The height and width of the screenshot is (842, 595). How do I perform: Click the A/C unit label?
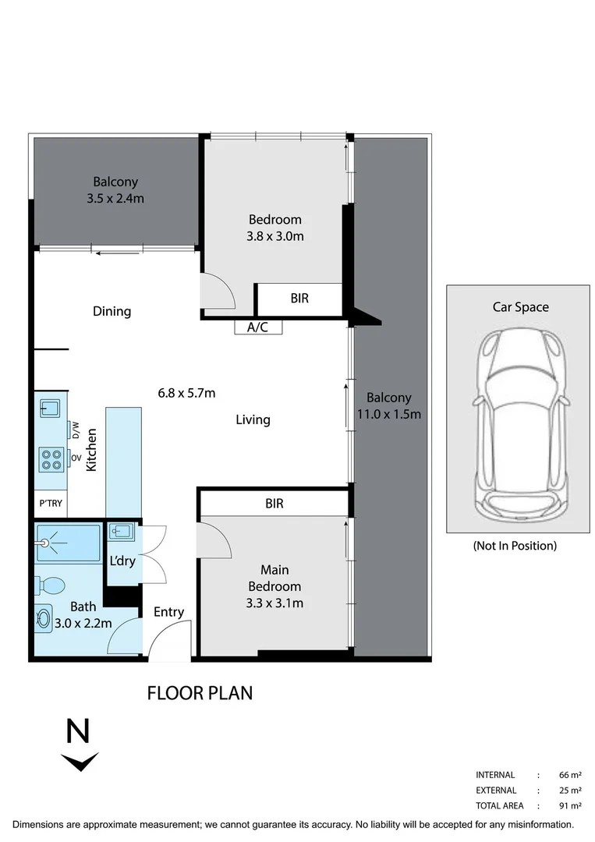click(257, 327)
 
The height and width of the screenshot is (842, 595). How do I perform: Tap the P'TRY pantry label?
click(50, 504)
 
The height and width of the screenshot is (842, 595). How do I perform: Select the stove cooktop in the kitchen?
click(51, 458)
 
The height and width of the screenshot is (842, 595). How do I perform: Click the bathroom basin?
click(43, 620)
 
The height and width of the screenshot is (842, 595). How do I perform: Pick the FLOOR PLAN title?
click(200, 692)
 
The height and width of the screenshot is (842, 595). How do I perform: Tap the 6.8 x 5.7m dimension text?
click(186, 393)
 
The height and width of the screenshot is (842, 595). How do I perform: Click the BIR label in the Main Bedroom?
click(274, 504)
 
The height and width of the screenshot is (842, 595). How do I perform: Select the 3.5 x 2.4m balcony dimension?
click(115, 199)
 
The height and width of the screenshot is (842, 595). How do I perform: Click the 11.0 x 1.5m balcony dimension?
click(388, 414)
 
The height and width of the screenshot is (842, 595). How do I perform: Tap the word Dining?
click(112, 311)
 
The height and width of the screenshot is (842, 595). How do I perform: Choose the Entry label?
click(168, 612)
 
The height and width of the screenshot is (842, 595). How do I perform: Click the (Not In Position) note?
click(515, 546)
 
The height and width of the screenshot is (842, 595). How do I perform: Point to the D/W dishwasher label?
click(76, 430)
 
